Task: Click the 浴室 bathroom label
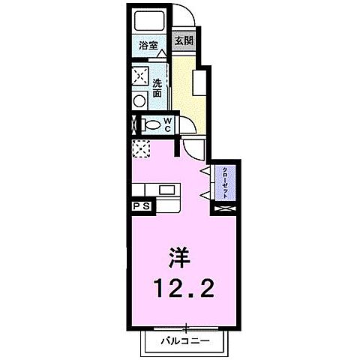[148, 46]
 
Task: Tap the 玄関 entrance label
[183, 42]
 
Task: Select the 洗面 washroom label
[158, 88]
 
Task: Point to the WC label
[168, 125]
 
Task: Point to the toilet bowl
[150, 125]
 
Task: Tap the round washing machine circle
[140, 100]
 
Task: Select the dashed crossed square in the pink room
[141, 148]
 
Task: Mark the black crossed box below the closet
[224, 210]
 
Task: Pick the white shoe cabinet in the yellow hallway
[200, 81]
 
